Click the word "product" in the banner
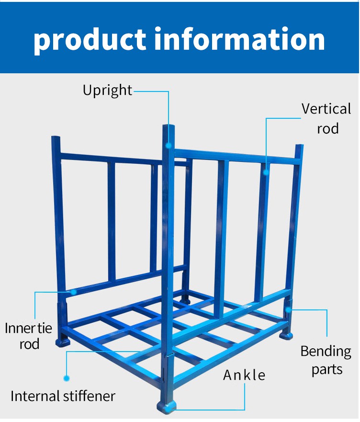(x=90, y=39)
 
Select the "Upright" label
(x=107, y=91)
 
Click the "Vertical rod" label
(x=326, y=118)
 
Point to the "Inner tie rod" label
(x=29, y=336)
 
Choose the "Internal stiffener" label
(x=63, y=396)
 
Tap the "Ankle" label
(x=244, y=375)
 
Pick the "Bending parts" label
(x=326, y=360)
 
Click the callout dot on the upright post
(x=169, y=146)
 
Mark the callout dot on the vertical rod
(x=266, y=172)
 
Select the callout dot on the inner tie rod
(x=73, y=292)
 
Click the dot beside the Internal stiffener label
(x=67, y=378)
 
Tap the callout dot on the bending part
(x=288, y=309)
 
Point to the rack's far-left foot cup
(x=63, y=342)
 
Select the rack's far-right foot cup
(x=286, y=335)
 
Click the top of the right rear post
(x=300, y=146)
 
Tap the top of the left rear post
(x=56, y=138)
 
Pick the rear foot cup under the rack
(x=185, y=300)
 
